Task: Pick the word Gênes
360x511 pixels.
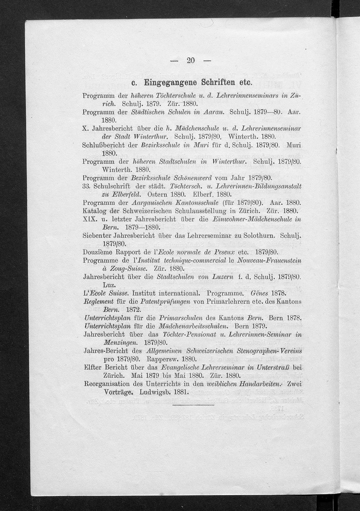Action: (x=260, y=293)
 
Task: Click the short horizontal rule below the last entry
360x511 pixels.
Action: (x=193, y=405)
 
